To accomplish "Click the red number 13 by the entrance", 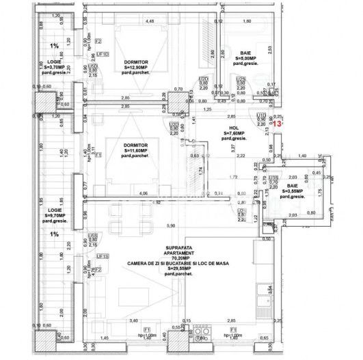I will [277, 124].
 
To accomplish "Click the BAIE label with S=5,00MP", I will [247, 53].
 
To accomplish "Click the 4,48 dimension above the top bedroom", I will [150, 21].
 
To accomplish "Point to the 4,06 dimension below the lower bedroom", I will [144, 194].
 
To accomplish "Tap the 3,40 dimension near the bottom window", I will [134, 320].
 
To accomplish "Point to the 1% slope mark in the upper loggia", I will [55, 46].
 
